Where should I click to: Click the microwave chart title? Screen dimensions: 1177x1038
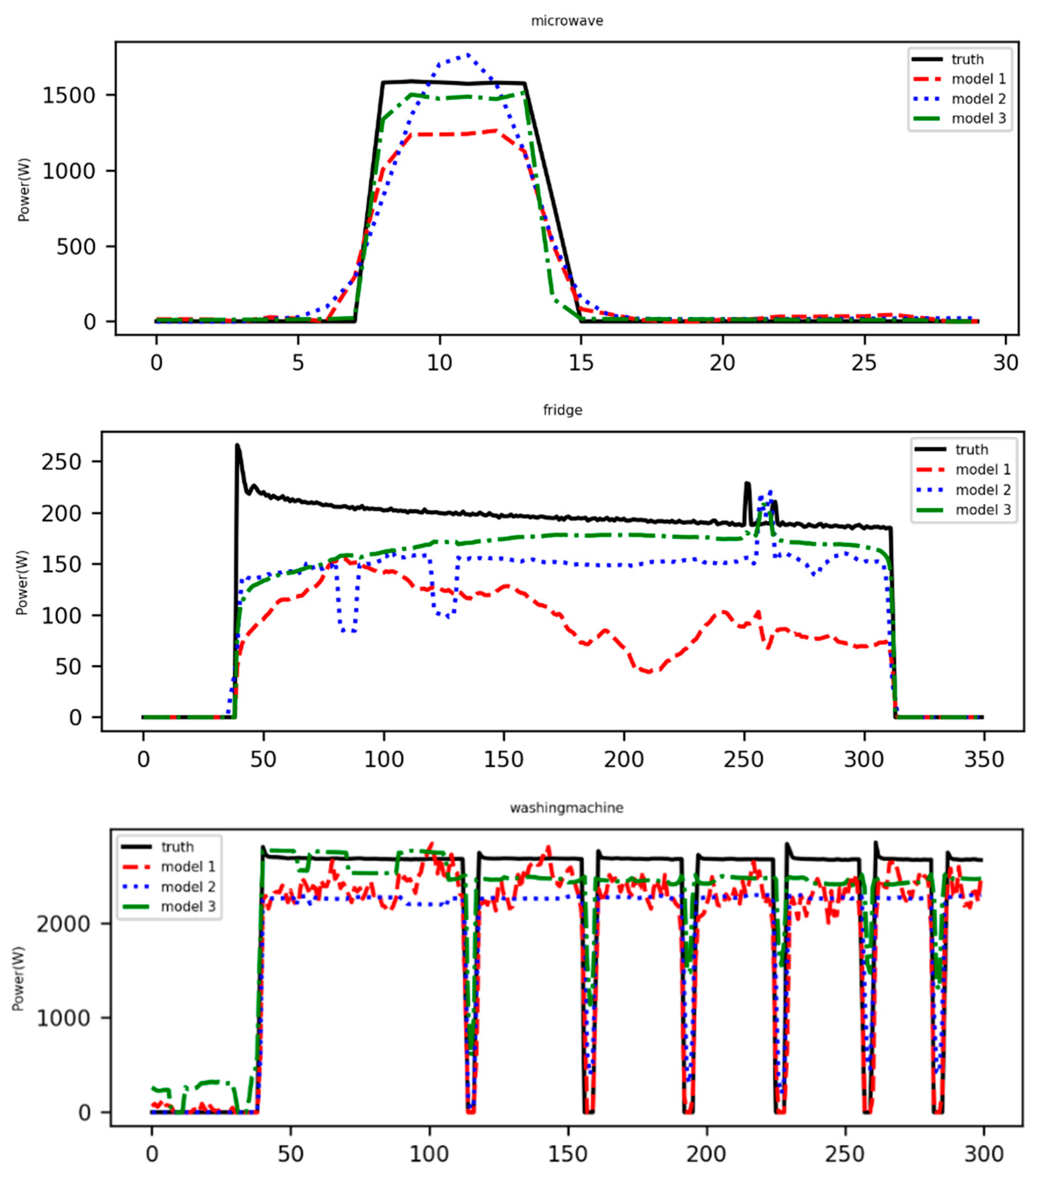click(567, 21)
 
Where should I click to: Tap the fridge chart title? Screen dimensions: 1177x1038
click(563, 410)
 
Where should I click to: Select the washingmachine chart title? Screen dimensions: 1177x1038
click(567, 808)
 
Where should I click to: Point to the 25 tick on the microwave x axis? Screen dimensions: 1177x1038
click(863, 363)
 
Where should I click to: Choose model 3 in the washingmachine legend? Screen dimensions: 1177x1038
click(188, 906)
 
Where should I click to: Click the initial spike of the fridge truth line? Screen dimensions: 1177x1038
click(237, 445)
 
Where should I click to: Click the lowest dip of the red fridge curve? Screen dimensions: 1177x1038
click(649, 671)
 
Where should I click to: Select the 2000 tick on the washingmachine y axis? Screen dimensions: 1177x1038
click(63, 924)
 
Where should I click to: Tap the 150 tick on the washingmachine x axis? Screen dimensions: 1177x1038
click(568, 1154)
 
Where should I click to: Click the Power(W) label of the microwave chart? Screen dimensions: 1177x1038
click(23, 189)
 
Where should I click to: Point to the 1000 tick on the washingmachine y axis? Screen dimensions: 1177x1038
click(63, 1018)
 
